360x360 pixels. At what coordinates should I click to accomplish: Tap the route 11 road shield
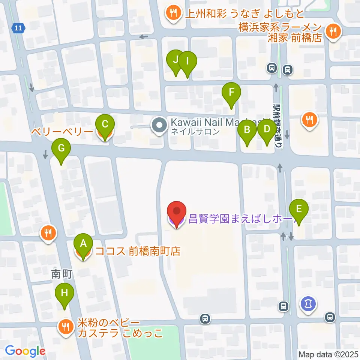(x=18, y=27)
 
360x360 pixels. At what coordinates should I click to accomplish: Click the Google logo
(x=25, y=351)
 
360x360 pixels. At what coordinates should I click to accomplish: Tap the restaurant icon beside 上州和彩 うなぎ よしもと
(x=173, y=14)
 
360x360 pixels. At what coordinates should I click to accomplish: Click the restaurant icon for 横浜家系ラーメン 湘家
(x=332, y=31)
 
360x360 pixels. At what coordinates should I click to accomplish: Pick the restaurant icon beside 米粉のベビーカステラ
(x=66, y=327)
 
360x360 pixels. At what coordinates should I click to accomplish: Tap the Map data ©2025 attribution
(x=328, y=354)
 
